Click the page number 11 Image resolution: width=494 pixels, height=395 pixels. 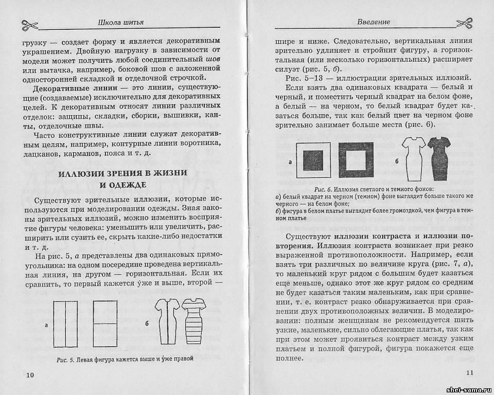pos(468,373)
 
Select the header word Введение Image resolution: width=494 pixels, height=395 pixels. pos(373,22)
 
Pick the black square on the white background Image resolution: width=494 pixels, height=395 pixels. pos(314,160)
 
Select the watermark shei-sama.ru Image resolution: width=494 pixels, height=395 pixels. pos(465,389)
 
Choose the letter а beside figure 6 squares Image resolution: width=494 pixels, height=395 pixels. pos(291,162)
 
